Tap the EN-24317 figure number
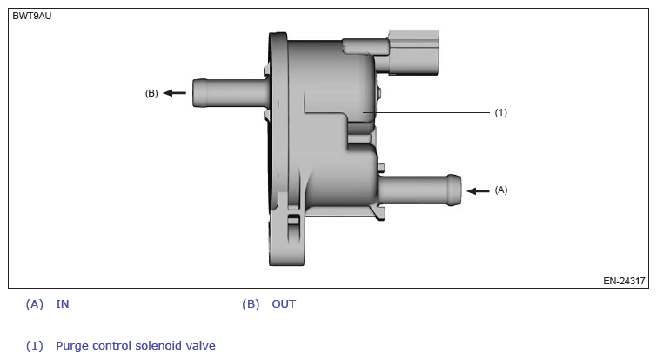tap(624, 281)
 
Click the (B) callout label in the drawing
tap(151, 93)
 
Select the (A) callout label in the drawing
tap(500, 190)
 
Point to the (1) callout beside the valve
tap(500, 112)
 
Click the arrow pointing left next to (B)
tap(175, 93)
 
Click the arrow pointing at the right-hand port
tap(476, 190)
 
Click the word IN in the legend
tap(63, 304)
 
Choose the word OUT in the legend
tap(284, 304)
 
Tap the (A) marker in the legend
tap(35, 304)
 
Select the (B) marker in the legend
tap(251, 304)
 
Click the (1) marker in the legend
tap(35, 345)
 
